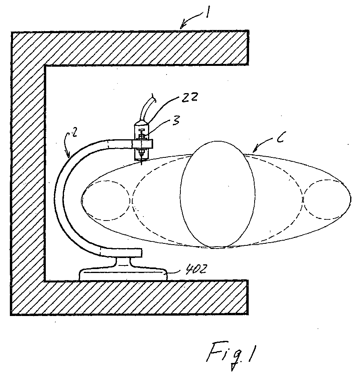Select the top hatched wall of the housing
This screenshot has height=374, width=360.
pyautogui.click(x=130, y=47)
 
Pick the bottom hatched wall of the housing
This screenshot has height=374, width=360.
pyautogui.click(x=130, y=297)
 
